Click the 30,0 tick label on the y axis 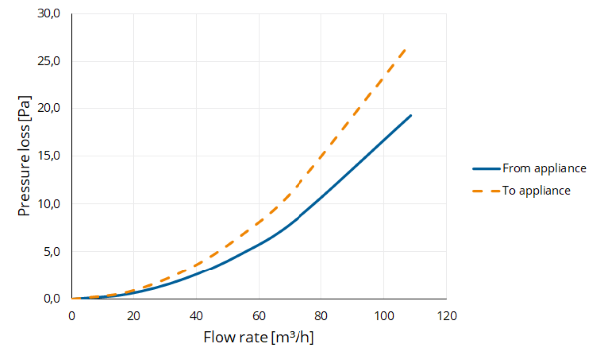pyautogui.click(x=49, y=14)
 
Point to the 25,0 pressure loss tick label pyautogui.click(x=49, y=61)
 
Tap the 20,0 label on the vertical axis pyautogui.click(x=49, y=108)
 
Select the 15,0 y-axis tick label pyautogui.click(x=49, y=156)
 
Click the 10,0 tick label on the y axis pyautogui.click(x=49, y=204)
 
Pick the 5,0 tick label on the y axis pyautogui.click(x=52, y=252)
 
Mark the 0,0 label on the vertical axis pyautogui.click(x=52, y=299)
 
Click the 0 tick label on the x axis pyautogui.click(x=72, y=316)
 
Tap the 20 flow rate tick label pyautogui.click(x=133, y=316)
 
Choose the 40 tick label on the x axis pyautogui.click(x=196, y=316)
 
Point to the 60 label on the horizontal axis pyautogui.click(x=259, y=316)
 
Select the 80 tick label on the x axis pyautogui.click(x=321, y=316)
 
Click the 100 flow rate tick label pyautogui.click(x=383, y=316)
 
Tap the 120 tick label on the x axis pyautogui.click(x=446, y=316)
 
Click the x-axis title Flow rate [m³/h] pyautogui.click(x=259, y=337)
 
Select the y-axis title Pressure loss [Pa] pyautogui.click(x=24, y=156)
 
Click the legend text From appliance pyautogui.click(x=544, y=169)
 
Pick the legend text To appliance pyautogui.click(x=536, y=190)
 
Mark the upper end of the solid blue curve pyautogui.click(x=411, y=115)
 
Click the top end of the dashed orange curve pyautogui.click(x=406, y=49)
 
